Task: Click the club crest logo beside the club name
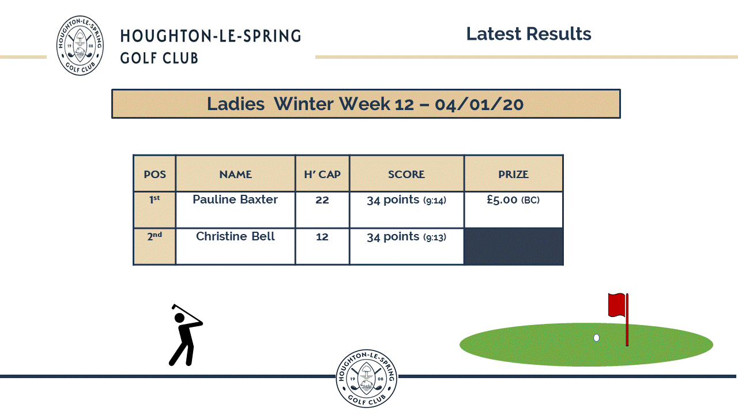80,46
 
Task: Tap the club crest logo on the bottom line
366,379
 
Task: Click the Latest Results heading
529,34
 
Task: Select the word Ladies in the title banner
236,104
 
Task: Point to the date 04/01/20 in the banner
479,105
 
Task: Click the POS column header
155,174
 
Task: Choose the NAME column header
236,174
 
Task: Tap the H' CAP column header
322,174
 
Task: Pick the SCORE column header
406,174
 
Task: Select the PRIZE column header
513,174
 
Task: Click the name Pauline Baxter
235,199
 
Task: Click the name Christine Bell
235,236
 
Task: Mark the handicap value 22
322,200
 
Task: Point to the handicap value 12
322,237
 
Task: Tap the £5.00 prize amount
502,199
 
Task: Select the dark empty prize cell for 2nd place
513,246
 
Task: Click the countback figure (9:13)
435,237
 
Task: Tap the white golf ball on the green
596,338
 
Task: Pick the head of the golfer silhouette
179,318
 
